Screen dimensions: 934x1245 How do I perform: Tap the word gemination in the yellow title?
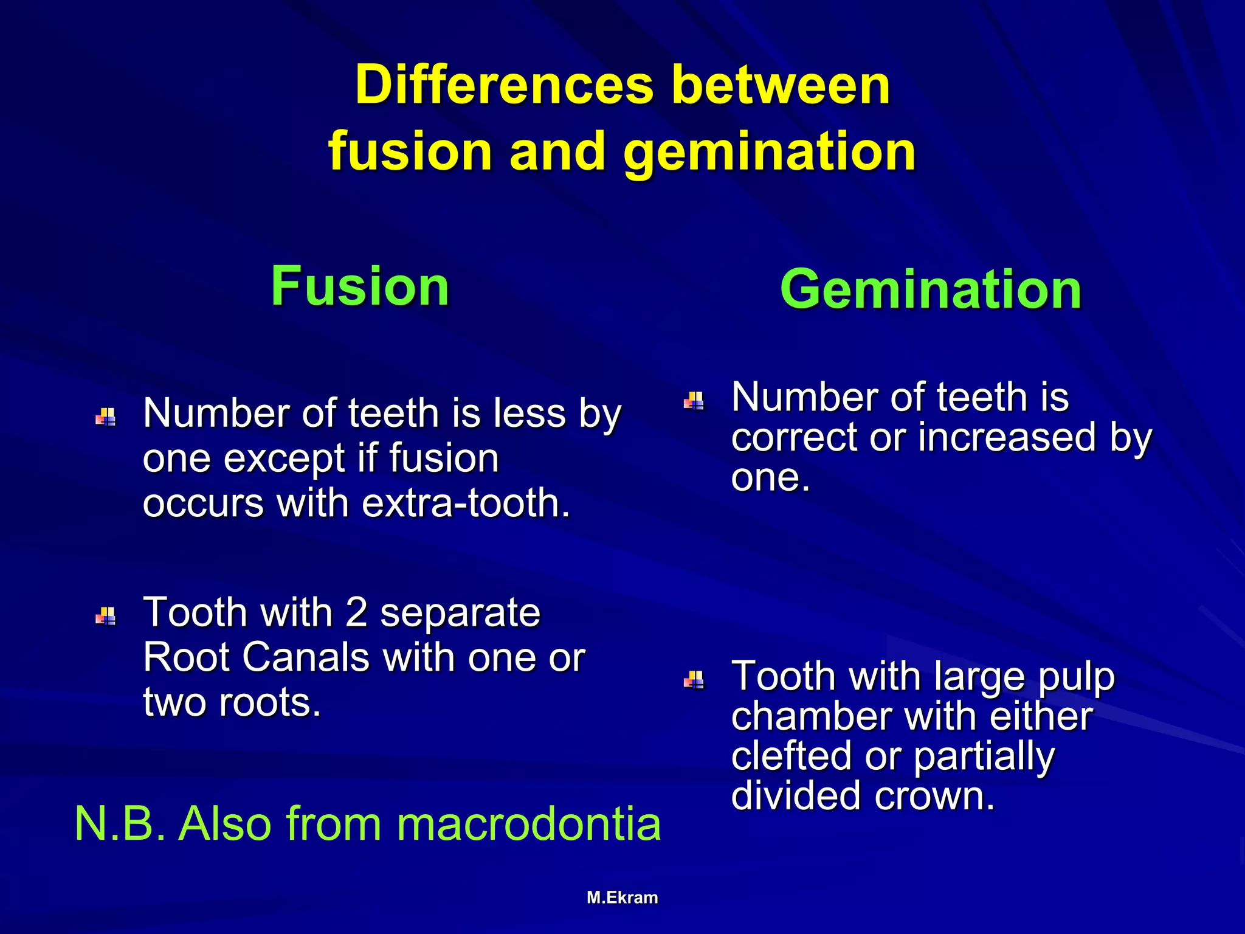769,152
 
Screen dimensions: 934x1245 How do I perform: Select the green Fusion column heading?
360,286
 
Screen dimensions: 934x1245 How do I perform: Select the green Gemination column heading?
931,289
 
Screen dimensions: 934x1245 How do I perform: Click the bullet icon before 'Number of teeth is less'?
106,417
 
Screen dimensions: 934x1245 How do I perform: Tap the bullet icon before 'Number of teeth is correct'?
694,401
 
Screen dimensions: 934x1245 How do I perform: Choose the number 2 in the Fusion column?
356,612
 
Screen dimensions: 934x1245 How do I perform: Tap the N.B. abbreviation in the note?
120,824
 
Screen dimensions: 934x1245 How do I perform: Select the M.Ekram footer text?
622,898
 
